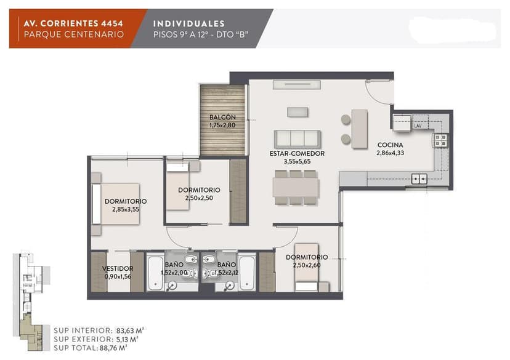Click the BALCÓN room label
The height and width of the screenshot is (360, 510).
[x=222, y=118]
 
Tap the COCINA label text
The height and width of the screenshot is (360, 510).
[x=390, y=145]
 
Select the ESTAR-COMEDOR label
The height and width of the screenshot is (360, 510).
[x=297, y=153]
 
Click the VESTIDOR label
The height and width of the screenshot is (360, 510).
[x=118, y=268]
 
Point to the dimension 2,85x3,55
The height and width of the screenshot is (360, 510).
[x=126, y=209]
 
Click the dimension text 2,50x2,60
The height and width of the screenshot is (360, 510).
[x=307, y=265]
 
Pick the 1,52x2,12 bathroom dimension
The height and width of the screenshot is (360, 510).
[x=227, y=273]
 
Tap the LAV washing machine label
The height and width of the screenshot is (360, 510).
[x=418, y=126]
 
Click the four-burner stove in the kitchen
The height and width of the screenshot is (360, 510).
[x=441, y=140]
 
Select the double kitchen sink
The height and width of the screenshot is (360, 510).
[x=419, y=178]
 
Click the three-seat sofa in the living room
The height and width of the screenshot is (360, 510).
[x=297, y=139]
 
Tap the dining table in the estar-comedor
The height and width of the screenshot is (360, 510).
[x=296, y=188]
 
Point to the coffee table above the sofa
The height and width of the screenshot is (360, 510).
[x=297, y=112]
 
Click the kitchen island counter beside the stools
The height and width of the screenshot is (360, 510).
[x=360, y=129]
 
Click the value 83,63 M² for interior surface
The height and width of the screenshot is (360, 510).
[x=130, y=330]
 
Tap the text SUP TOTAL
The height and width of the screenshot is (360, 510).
[x=76, y=348]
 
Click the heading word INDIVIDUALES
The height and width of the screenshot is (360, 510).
[x=188, y=24]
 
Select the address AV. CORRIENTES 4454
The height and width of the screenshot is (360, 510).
[x=73, y=23]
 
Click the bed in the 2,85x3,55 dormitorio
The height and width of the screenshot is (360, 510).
[x=116, y=204]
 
